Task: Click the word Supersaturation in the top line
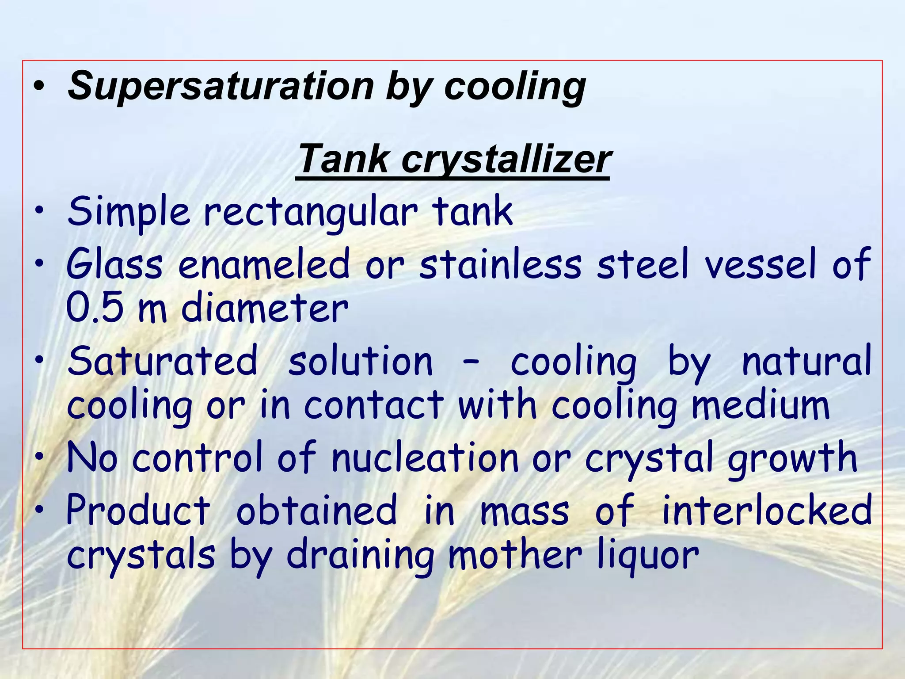coord(221,87)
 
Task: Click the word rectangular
coord(311,213)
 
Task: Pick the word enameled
coord(264,264)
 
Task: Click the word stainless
coord(501,264)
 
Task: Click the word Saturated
coord(163,361)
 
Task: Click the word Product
coord(139,510)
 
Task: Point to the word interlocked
coord(767,510)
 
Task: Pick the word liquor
coord(648,556)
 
